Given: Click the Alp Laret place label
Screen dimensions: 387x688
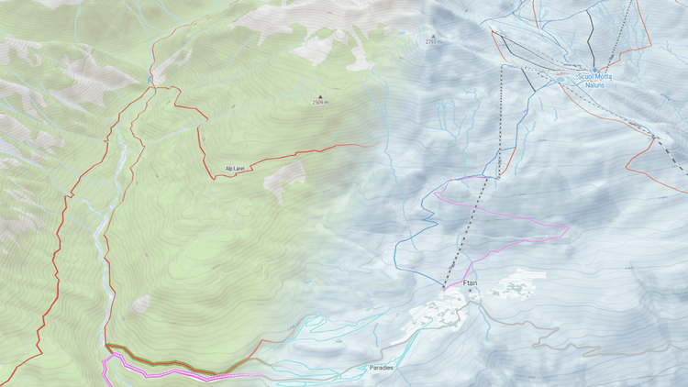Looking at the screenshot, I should pos(235,169).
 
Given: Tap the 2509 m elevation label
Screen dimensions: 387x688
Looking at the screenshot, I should pos(320,103).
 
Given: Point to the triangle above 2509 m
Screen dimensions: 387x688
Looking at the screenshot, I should pos(320,96).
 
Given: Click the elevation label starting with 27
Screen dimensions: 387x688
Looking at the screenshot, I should pos(433,41).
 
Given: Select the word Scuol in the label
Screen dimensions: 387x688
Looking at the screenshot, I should pos(585,77).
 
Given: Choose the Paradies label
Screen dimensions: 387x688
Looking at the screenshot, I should pos(382,368).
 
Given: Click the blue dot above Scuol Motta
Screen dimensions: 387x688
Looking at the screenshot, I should pos(594,70).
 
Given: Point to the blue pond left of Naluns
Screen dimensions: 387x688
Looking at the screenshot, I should pos(560,80).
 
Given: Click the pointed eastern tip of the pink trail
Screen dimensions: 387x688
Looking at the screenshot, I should pos(568,228).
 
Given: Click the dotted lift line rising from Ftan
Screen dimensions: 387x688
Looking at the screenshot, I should pos(472,220).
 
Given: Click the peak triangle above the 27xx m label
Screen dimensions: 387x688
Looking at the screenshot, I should pos(433,35).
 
